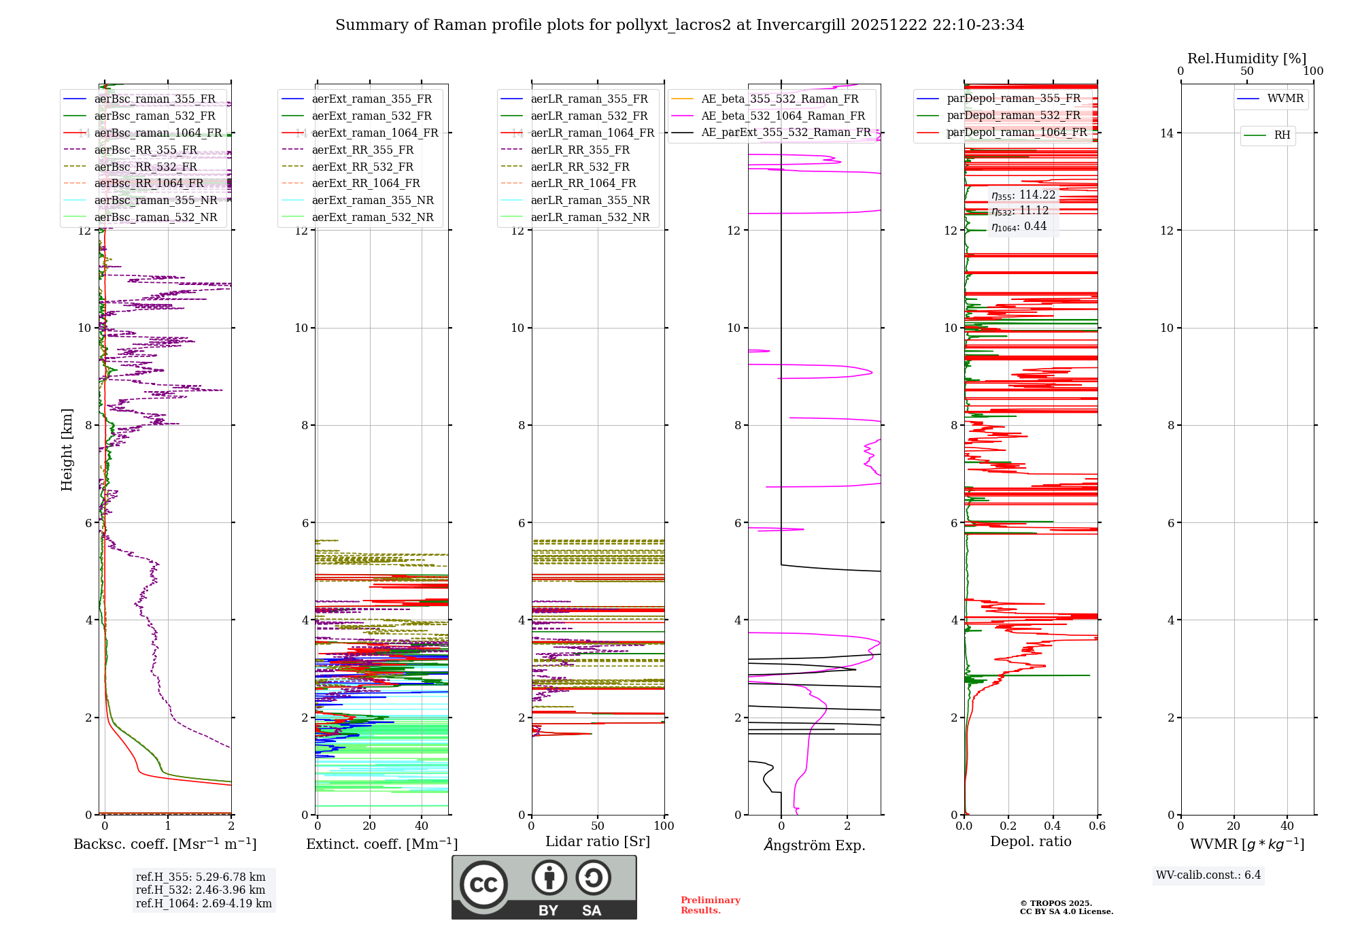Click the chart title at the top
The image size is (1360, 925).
click(679, 25)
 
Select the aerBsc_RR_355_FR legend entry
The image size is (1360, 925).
click(146, 150)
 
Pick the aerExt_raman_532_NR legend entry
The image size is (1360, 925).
click(372, 217)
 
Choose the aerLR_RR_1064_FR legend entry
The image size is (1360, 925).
click(583, 183)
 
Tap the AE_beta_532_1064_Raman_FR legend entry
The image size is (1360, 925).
click(783, 116)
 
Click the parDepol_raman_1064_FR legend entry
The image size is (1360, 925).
click(1017, 132)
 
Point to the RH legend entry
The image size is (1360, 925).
click(1282, 135)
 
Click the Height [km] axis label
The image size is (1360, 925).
click(67, 450)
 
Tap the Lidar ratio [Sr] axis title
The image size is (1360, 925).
click(597, 841)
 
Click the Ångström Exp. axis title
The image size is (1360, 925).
click(814, 845)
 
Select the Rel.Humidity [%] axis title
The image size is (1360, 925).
click(1246, 58)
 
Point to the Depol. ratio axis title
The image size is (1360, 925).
click(1030, 841)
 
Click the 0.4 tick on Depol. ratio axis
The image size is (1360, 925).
click(1053, 826)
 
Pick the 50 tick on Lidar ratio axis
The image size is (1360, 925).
click(598, 826)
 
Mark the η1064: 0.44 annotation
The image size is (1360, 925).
click(1019, 226)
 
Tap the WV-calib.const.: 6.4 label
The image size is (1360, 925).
click(1208, 875)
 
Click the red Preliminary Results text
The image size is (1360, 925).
click(710, 905)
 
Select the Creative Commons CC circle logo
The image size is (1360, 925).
click(483, 885)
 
